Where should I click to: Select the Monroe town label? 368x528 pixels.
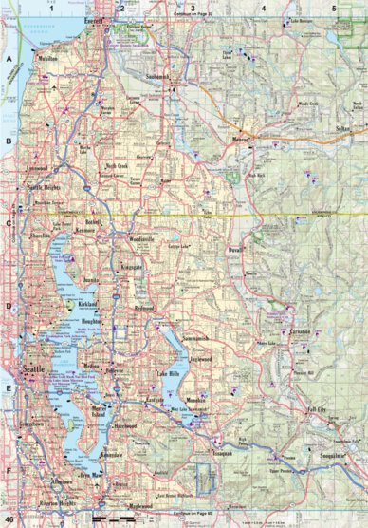point(239,140)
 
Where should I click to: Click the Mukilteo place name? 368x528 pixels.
point(48,58)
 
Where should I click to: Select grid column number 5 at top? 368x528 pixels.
point(333,8)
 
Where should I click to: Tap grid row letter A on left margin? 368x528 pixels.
point(8,58)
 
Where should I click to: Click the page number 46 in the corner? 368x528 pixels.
point(9,520)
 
